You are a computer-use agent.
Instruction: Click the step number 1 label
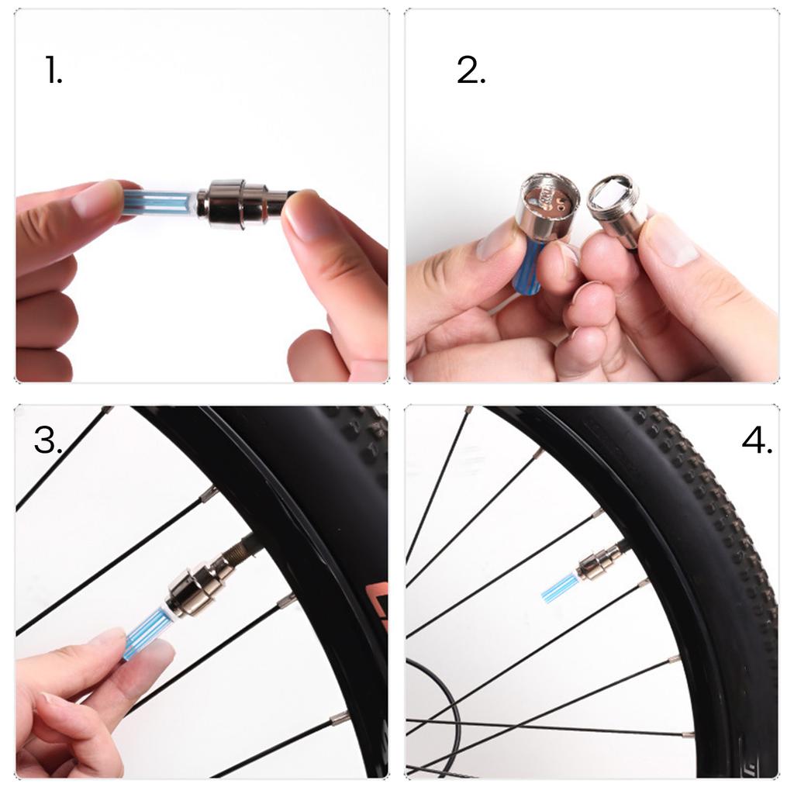pos(54,70)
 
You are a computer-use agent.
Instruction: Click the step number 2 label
pos(471,70)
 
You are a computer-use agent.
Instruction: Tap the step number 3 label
pos(48,440)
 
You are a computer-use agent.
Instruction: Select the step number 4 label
pos(757,440)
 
